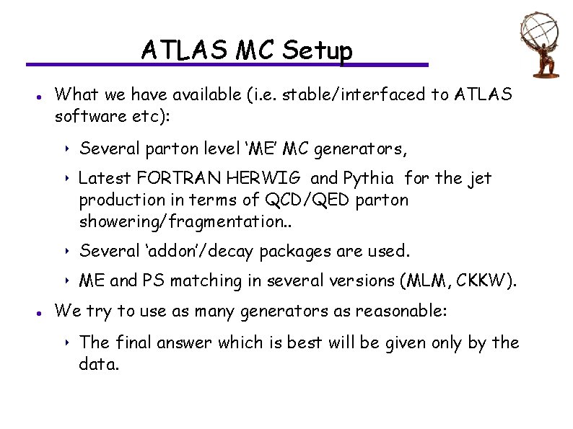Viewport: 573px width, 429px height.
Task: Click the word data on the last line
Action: pos(98,364)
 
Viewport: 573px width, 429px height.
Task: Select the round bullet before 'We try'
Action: pos(36,312)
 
